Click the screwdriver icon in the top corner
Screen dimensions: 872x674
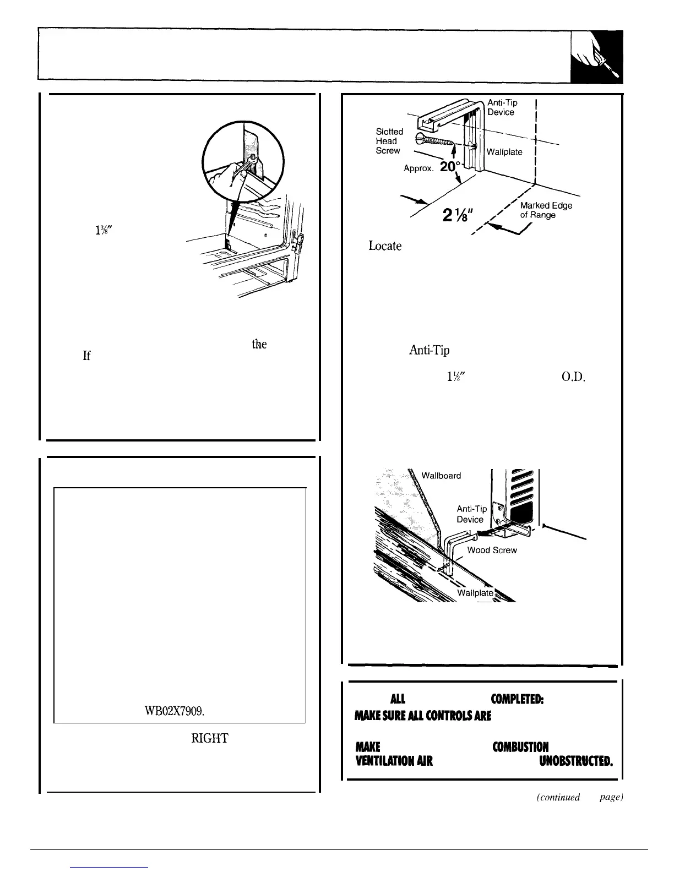tap(597, 57)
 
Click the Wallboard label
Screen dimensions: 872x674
tap(441, 475)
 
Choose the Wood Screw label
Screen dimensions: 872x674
tap(492, 550)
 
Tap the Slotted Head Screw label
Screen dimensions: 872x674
tap(389, 141)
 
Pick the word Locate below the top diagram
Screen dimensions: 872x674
tap(385, 246)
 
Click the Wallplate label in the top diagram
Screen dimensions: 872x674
tap(504, 152)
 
